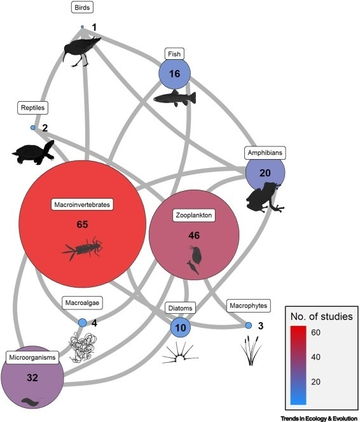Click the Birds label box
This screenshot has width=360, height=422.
coord(82,8)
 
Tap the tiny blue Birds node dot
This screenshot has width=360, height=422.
coord(82,27)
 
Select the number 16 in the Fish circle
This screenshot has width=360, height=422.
coord(174,74)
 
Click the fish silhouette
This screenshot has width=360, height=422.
coord(175,98)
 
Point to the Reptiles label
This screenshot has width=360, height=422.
coord(33,108)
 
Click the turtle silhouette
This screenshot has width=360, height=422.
coord(33,152)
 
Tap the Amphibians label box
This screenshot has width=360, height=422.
coord(265,153)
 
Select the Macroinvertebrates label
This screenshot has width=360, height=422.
coord(82,204)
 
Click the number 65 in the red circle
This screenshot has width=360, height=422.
coord(82,224)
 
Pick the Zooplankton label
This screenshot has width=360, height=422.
coord(194,215)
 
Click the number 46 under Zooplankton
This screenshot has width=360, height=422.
coord(194,236)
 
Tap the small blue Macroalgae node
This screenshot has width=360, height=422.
coord(82,323)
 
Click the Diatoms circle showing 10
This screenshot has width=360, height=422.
coord(181,327)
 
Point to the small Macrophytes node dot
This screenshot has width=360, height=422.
coord(249,325)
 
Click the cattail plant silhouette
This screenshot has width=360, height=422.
coord(251,351)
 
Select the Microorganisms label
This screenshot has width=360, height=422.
coord(32,358)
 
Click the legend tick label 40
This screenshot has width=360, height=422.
coord(315,357)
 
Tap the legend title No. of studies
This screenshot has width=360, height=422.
coord(322,316)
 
